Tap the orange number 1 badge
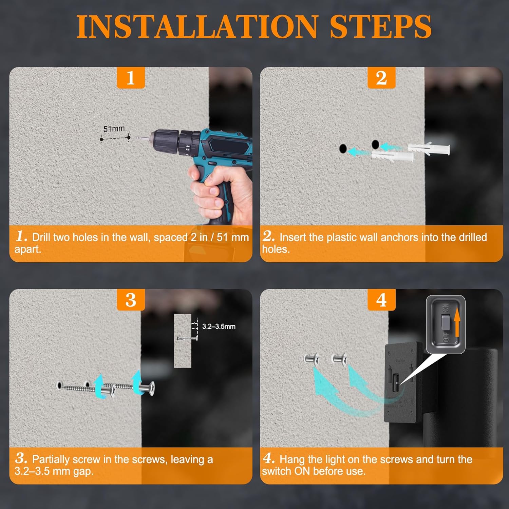[x=131, y=78]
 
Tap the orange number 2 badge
[x=381, y=78]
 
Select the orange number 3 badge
[x=131, y=300]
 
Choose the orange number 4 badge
[x=381, y=300]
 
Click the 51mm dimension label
[x=114, y=129]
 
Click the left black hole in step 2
[x=343, y=148]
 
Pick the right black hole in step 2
[x=375, y=145]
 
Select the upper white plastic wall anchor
[x=429, y=148]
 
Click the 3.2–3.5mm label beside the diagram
[x=219, y=326]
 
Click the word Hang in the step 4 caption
[x=291, y=460]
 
